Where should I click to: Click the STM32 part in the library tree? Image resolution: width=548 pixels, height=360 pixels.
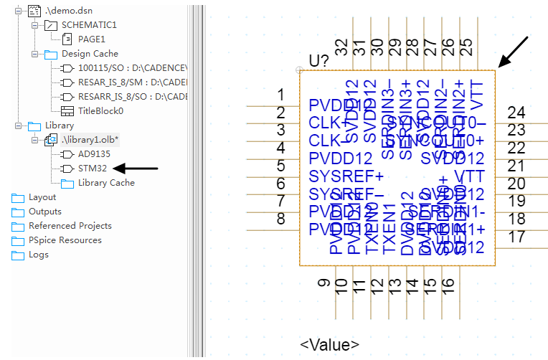(92, 169)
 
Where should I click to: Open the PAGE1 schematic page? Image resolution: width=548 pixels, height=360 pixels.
(91, 39)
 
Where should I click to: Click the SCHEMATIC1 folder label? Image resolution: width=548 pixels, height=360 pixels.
(89, 25)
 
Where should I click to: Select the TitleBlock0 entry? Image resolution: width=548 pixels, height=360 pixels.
(100, 111)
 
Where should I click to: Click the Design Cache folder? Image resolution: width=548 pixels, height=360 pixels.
(90, 54)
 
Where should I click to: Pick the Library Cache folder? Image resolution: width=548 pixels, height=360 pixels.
(106, 183)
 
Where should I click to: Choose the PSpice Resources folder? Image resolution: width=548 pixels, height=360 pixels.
(65, 240)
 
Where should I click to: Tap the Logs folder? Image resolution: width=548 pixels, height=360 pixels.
(39, 255)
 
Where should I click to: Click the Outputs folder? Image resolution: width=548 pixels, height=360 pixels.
(44, 212)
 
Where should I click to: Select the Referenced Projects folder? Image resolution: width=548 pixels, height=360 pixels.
(70, 226)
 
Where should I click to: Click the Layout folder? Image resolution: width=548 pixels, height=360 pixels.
(42, 197)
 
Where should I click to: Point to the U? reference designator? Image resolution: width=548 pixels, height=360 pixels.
(318, 61)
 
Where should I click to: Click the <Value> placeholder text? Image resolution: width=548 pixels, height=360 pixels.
(329, 345)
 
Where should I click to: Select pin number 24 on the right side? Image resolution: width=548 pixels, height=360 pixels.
(516, 113)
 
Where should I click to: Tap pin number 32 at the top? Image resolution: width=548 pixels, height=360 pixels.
(341, 47)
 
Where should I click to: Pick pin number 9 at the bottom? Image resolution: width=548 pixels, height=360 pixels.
(324, 285)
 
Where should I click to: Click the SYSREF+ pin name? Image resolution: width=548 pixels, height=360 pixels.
(346, 176)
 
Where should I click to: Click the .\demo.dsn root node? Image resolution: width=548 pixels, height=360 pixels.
(67, 11)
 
